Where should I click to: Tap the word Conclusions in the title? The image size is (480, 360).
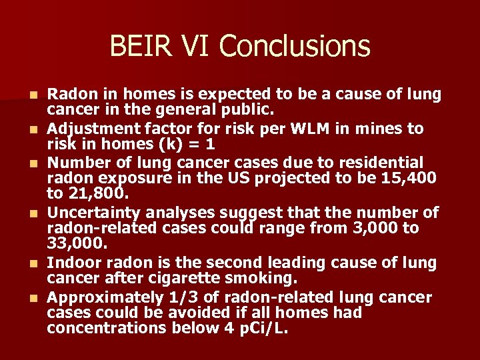click(x=294, y=46)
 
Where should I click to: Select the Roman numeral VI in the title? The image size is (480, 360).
click(x=193, y=46)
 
